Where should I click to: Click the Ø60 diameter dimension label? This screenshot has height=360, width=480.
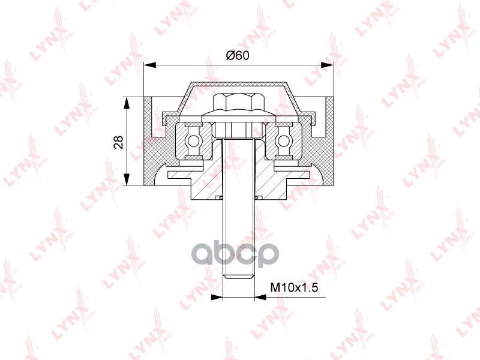click(238, 55)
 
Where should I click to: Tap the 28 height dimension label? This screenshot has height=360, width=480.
click(118, 142)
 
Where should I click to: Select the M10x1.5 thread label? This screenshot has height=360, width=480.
click(295, 287)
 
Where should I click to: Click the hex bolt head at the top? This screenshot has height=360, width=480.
click(238, 103)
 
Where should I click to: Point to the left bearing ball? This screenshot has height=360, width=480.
click(193, 141)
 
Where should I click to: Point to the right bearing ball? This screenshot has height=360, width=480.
click(283, 141)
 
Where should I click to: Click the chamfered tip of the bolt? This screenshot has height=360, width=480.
click(239, 277)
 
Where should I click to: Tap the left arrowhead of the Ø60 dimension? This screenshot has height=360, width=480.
click(150, 65)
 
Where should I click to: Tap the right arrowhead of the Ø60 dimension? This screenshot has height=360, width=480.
click(327, 65)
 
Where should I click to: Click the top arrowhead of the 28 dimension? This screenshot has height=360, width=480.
click(126, 103)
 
